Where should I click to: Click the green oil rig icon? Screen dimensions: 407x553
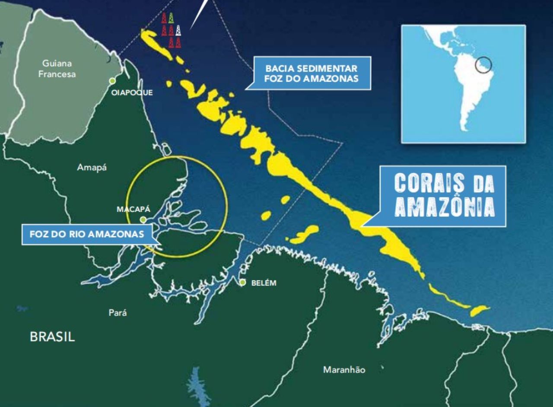[171, 18]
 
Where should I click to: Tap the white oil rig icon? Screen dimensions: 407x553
[178, 30]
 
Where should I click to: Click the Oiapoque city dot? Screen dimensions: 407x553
[112, 81]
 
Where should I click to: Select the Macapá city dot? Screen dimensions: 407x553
[143, 220]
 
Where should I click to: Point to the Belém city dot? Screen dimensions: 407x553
[243, 283]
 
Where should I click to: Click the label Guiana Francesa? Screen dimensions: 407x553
[57, 69]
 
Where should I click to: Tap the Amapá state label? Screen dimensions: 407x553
[92, 168]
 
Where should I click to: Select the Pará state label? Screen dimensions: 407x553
[118, 313]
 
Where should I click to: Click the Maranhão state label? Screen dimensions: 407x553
[344, 370]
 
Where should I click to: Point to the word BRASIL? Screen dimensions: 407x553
[52, 337]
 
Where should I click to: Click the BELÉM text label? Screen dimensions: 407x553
[264, 283]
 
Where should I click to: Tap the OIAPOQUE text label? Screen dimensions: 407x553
[132, 92]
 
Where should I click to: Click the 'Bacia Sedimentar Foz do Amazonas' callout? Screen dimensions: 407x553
[311, 73]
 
